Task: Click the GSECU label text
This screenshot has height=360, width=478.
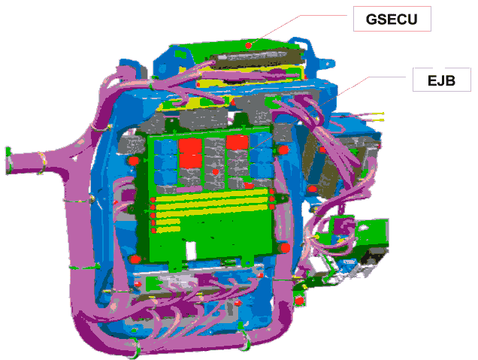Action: click(392, 20)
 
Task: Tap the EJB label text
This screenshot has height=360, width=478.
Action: click(441, 80)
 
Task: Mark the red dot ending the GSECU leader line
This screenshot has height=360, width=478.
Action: click(249, 45)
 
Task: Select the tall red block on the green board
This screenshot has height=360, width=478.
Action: click(191, 153)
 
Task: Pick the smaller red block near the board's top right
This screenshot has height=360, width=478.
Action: click(237, 142)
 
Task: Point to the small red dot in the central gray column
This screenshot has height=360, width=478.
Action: click(215, 172)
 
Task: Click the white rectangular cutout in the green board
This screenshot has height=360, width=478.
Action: click(191, 250)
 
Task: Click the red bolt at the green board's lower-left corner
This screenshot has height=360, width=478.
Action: click(135, 260)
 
